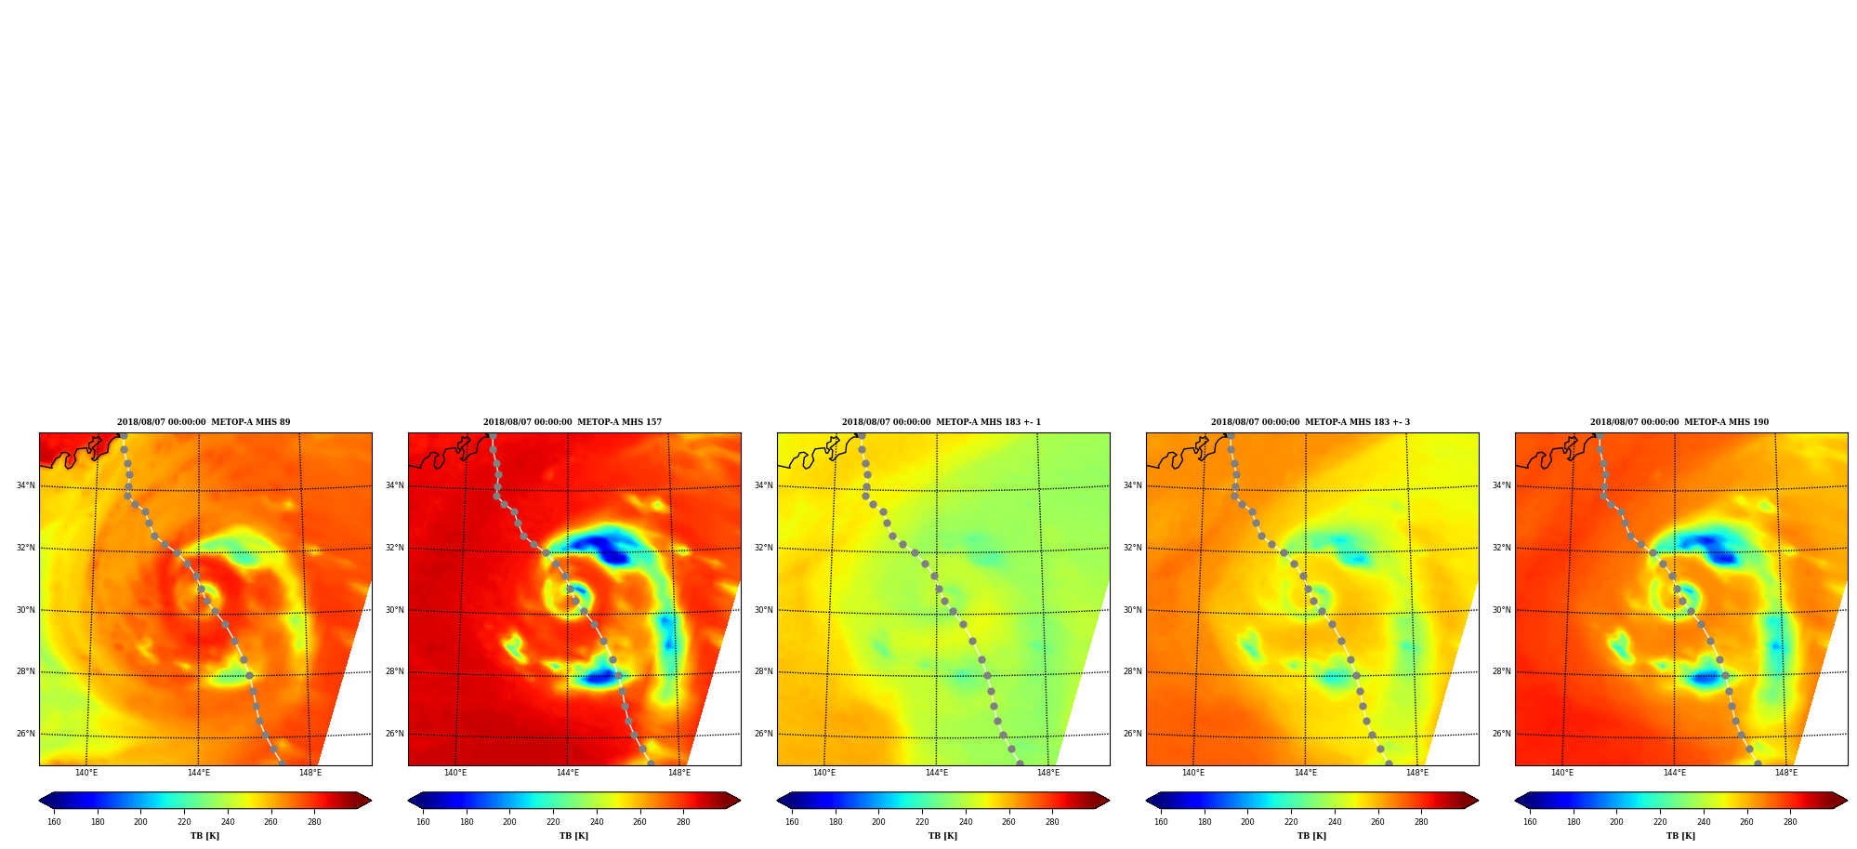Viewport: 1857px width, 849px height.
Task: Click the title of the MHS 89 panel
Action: pyautogui.click(x=204, y=422)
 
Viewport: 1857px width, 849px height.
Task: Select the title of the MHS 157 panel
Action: pyautogui.click(x=573, y=422)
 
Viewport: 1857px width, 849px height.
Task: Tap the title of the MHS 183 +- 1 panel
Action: pyautogui.click(x=942, y=422)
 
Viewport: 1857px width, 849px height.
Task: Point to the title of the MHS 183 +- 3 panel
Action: pyautogui.click(x=1310, y=422)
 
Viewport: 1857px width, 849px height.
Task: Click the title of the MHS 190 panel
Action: pyautogui.click(x=1679, y=422)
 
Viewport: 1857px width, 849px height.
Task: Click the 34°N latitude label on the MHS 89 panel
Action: pyautogui.click(x=25, y=485)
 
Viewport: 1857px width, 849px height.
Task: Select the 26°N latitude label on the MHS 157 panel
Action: pyautogui.click(x=394, y=734)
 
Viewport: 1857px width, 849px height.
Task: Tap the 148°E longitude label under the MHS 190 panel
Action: pyautogui.click(x=1786, y=773)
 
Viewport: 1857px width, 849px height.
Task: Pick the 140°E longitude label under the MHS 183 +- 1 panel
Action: pyautogui.click(x=824, y=773)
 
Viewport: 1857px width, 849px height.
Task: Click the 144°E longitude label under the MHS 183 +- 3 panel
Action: pyautogui.click(x=1306, y=773)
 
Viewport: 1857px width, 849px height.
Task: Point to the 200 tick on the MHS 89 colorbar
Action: pyautogui.click(x=140, y=822)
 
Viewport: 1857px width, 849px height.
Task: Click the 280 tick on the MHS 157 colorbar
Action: pyautogui.click(x=683, y=822)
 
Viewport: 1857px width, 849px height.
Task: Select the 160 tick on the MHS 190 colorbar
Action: pyautogui.click(x=1530, y=822)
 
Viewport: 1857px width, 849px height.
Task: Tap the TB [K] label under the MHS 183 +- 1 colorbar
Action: pyautogui.click(x=943, y=836)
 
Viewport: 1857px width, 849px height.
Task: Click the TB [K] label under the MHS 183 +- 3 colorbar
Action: pyautogui.click(x=1312, y=836)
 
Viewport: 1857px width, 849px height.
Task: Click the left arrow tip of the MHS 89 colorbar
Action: pyautogui.click(x=39, y=801)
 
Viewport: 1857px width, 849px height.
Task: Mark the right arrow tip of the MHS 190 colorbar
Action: pyautogui.click(x=1848, y=801)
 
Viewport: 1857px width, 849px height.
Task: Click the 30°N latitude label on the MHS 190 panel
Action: pyautogui.click(x=1501, y=610)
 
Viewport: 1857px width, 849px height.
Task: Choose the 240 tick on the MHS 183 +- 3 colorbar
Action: pyautogui.click(x=1335, y=822)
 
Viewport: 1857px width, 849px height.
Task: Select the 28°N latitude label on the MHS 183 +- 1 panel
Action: pyautogui.click(x=763, y=671)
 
